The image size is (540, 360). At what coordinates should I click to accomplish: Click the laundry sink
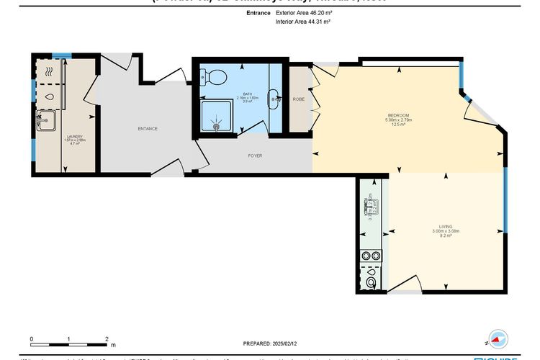48,120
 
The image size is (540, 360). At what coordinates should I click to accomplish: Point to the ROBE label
298,99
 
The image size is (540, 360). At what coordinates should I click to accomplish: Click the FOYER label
255,156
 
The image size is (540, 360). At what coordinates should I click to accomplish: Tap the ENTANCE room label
148,128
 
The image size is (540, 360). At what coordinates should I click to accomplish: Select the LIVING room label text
444,226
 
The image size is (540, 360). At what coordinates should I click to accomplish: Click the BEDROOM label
398,116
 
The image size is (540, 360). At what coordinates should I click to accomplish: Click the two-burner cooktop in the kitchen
371,256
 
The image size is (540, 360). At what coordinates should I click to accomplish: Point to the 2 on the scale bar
106,338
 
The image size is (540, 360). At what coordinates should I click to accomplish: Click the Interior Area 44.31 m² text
302,22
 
